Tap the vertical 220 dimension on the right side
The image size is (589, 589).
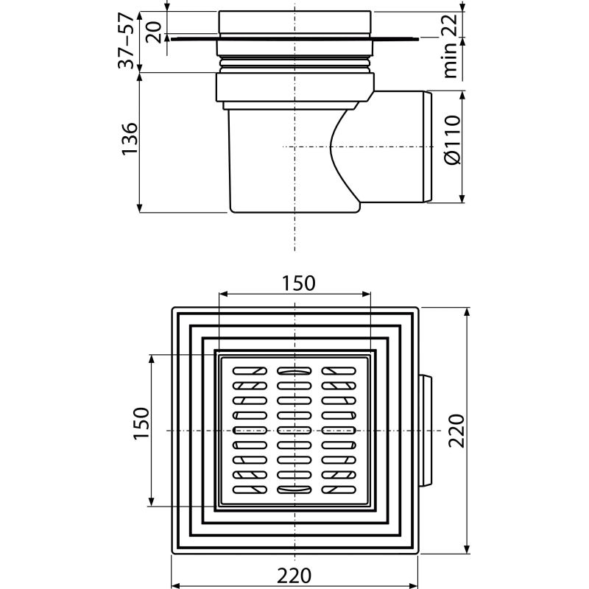coord(456,430)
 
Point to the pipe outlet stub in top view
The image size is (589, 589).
coord(425,430)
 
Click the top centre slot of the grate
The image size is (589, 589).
coord(294,371)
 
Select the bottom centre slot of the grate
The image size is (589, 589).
coord(294,490)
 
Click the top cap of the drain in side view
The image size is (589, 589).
coord(294,22)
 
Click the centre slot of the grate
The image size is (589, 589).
coord(294,430)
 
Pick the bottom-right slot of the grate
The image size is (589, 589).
coord(339,490)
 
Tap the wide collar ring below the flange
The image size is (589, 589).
coord(294,88)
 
